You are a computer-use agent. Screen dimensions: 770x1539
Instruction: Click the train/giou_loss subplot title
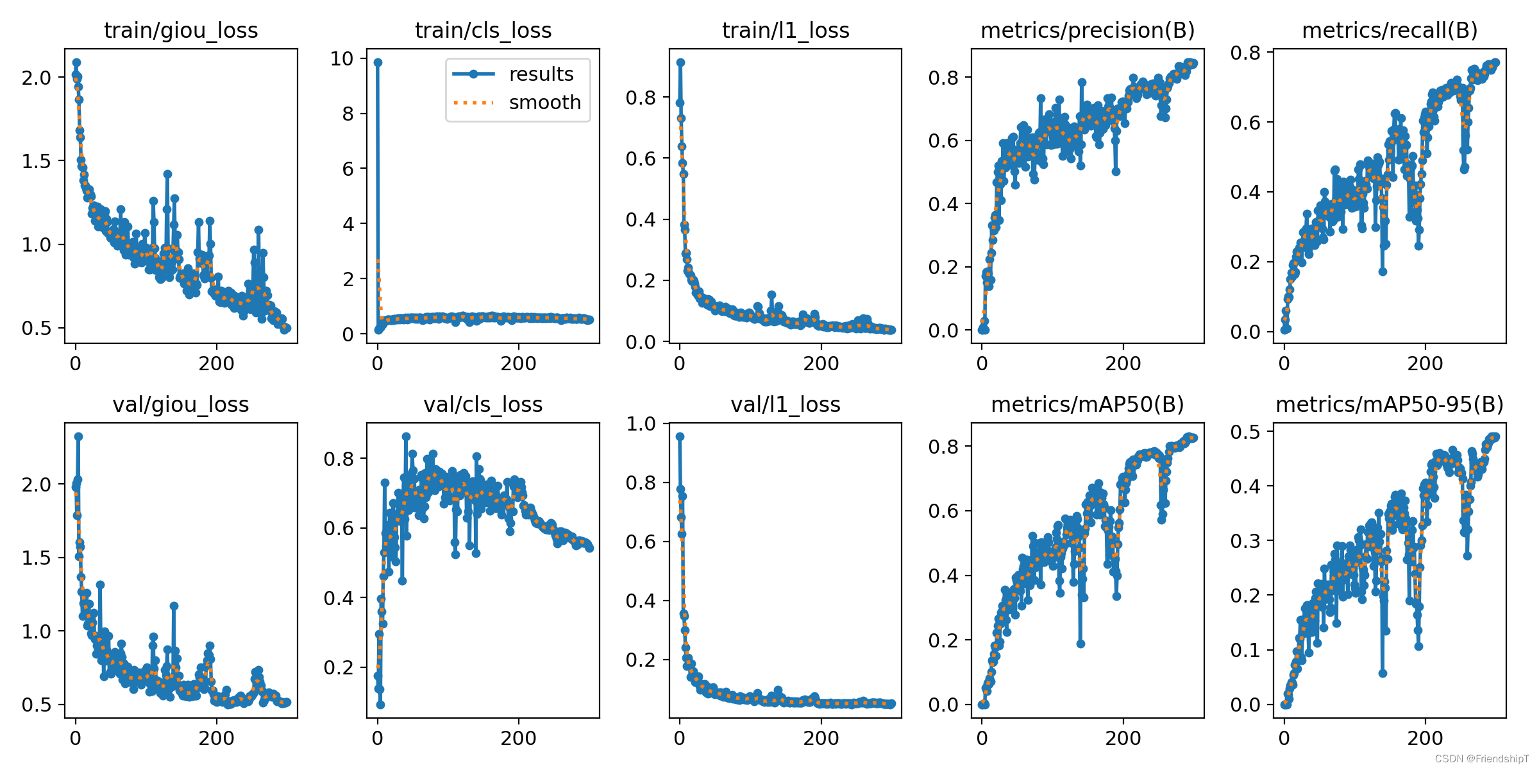coord(181,30)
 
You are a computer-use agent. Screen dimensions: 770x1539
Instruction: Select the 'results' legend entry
coord(541,74)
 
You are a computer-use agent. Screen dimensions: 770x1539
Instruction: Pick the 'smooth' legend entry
coord(544,103)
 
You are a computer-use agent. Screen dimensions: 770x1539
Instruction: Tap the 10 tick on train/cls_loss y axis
coord(342,59)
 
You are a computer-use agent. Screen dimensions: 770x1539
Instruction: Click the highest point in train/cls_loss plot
coord(378,62)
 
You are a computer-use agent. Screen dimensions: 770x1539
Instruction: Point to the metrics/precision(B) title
coord(1088,30)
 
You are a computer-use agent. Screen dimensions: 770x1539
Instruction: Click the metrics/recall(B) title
coord(1390,30)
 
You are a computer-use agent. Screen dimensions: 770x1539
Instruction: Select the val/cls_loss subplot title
coord(483,404)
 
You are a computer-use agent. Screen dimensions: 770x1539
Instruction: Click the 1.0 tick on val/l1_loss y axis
coord(641,424)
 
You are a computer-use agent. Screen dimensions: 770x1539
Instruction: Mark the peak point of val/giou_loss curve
coord(78,436)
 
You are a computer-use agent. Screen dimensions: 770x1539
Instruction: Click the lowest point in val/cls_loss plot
coord(380,705)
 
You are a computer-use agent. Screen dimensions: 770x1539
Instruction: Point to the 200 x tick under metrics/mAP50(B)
coord(1123,738)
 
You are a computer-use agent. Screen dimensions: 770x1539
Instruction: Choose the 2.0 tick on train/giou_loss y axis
coord(36,78)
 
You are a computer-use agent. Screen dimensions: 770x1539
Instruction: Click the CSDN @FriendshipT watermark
coord(1481,759)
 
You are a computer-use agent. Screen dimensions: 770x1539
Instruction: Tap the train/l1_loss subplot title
coord(786,30)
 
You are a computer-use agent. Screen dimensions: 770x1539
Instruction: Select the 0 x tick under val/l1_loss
coord(680,738)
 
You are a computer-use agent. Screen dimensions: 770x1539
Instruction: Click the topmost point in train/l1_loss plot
coord(680,62)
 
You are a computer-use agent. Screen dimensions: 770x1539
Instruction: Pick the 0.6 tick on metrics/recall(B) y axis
coord(1245,123)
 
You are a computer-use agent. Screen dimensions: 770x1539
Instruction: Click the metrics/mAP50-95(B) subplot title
coord(1390,404)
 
